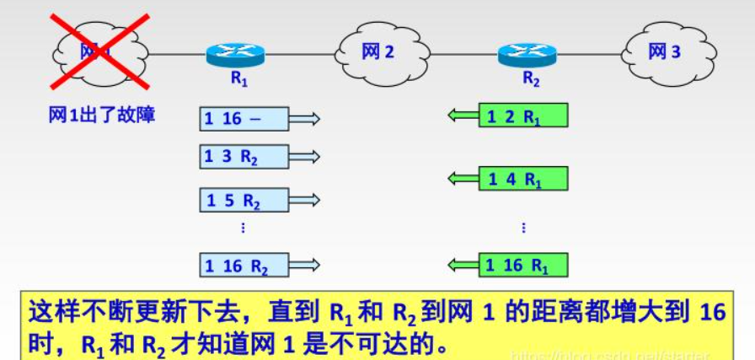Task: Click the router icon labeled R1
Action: point(235,55)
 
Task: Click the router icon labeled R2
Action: point(527,55)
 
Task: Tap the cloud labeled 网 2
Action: point(377,52)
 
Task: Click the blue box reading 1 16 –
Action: point(244,119)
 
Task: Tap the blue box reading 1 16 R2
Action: point(244,266)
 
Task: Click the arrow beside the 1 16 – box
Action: point(304,119)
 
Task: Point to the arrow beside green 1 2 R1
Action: point(463,116)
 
